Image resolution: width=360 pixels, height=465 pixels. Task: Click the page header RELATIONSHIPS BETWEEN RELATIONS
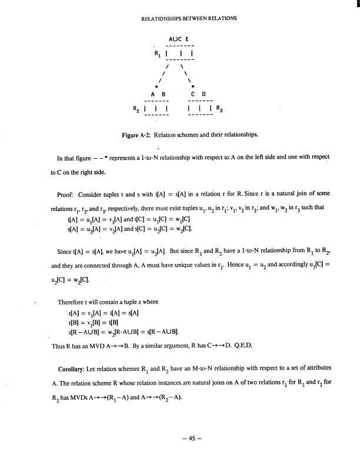pos(189,18)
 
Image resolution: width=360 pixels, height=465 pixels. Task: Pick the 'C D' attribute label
pos(199,93)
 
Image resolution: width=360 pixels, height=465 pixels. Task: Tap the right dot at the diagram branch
pos(193,85)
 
